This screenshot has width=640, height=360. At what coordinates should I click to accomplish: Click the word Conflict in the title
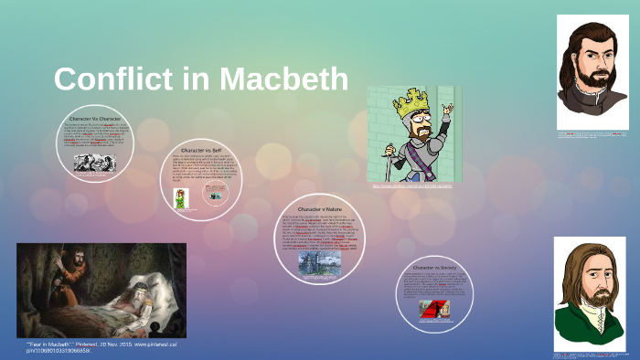(x=110, y=79)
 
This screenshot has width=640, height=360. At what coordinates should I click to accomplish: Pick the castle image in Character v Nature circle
(x=318, y=261)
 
